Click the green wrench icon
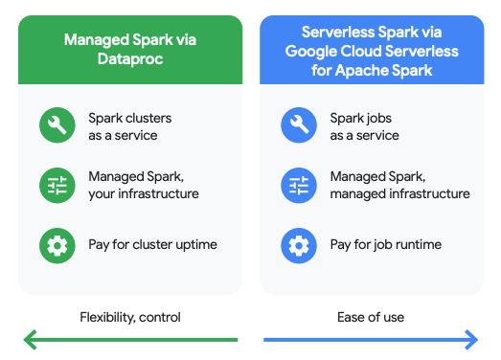click(56, 126)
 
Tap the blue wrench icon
click(298, 126)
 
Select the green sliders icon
click(56, 186)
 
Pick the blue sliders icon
click(298, 186)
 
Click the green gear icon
click(56, 245)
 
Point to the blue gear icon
click(298, 245)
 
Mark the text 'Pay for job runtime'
click(385, 245)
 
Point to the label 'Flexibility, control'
click(129, 317)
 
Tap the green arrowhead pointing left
click(30, 339)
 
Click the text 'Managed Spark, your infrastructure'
click(143, 186)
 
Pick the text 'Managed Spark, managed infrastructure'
click(399, 186)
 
